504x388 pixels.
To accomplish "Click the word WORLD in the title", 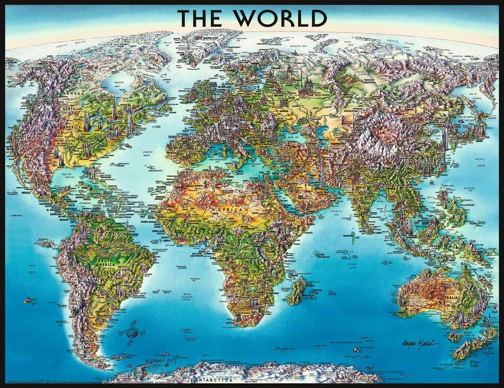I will tap(285, 18).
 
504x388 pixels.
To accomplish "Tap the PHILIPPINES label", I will tap(462, 204).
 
